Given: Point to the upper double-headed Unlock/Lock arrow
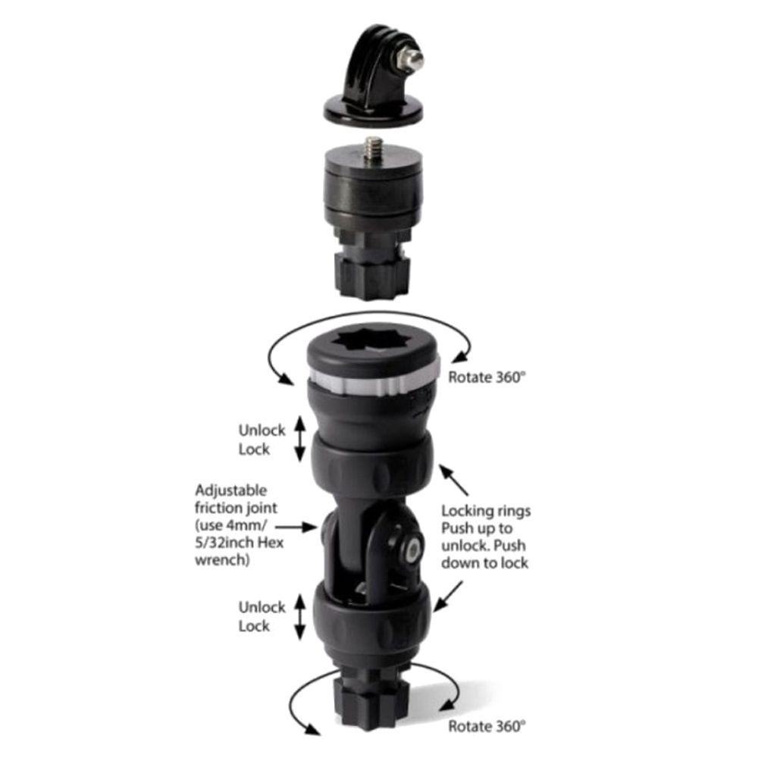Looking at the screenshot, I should click(299, 440).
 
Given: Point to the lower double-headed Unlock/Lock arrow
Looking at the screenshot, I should click(299, 616).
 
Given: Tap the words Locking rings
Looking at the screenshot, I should click(485, 511).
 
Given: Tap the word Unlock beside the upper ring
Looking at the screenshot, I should click(262, 431).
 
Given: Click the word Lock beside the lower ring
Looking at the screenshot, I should click(254, 626).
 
